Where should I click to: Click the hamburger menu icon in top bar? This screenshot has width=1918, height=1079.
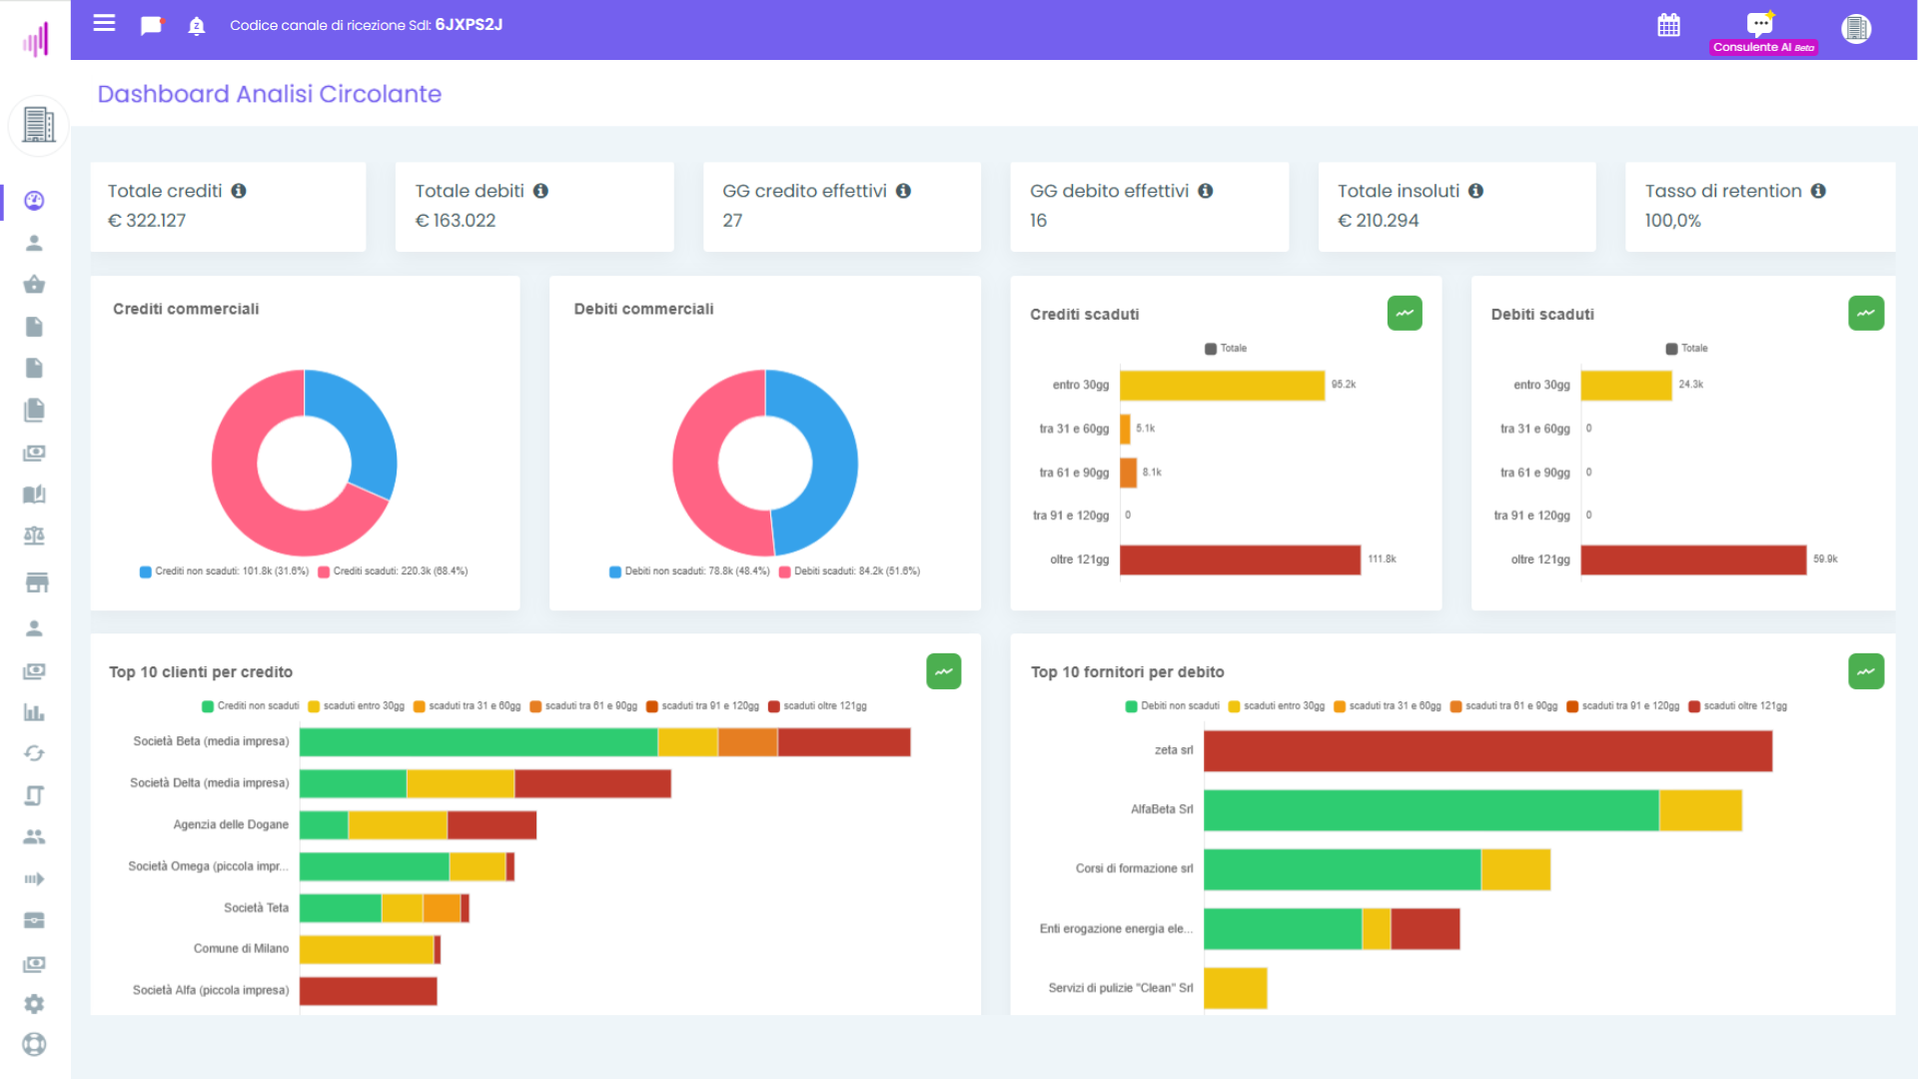pyautogui.click(x=104, y=24)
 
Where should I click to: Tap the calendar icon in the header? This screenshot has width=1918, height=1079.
pyautogui.click(x=1668, y=25)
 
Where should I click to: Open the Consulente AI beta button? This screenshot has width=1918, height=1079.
pyautogui.click(x=1762, y=32)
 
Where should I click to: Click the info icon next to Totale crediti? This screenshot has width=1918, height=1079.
pyautogui.click(x=239, y=191)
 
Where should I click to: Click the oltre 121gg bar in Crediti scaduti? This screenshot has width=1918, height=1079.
pyautogui.click(x=1239, y=559)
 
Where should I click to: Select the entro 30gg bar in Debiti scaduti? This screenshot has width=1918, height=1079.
pyautogui.click(x=1625, y=385)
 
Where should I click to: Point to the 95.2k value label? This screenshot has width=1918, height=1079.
pyautogui.click(x=1343, y=385)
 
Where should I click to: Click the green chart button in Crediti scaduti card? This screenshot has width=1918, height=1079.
pyautogui.click(x=1404, y=314)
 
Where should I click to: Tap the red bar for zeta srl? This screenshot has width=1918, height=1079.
pyautogui.click(x=1486, y=751)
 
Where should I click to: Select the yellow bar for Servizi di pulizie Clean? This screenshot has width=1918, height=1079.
pyautogui.click(x=1235, y=988)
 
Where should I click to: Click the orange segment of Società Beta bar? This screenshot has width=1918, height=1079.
pyautogui.click(x=746, y=742)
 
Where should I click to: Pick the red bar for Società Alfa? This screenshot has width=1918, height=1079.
pyautogui.click(x=368, y=991)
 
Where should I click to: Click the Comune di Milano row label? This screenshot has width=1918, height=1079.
pyautogui.click(x=241, y=949)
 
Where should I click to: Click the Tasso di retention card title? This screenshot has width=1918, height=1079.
pyautogui.click(x=1722, y=191)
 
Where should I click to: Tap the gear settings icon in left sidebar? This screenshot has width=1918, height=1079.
pyautogui.click(x=34, y=1003)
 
